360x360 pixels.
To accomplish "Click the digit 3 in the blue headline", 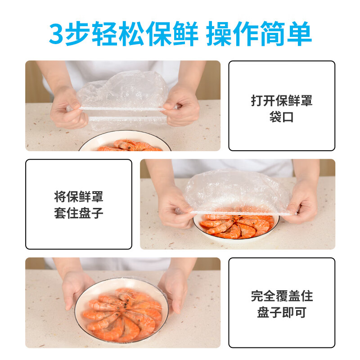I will pyautogui.click(x=57, y=34).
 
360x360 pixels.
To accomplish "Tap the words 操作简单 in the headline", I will pyautogui.click(x=259, y=34).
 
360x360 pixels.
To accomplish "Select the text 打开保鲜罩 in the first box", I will pyautogui.click(x=282, y=100).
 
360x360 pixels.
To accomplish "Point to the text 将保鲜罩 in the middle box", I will pyautogui.click(x=79, y=197).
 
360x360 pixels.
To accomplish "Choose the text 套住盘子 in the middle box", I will pyautogui.click(x=79, y=213).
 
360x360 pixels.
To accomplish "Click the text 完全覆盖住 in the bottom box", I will pyautogui.click(x=282, y=296).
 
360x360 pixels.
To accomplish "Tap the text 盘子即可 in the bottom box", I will pyautogui.click(x=282, y=313).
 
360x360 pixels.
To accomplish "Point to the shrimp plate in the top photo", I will pyautogui.click(x=126, y=144).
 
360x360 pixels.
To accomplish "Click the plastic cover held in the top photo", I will pyautogui.click(x=121, y=97).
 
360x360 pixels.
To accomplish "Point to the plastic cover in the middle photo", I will pyautogui.click(x=236, y=191).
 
